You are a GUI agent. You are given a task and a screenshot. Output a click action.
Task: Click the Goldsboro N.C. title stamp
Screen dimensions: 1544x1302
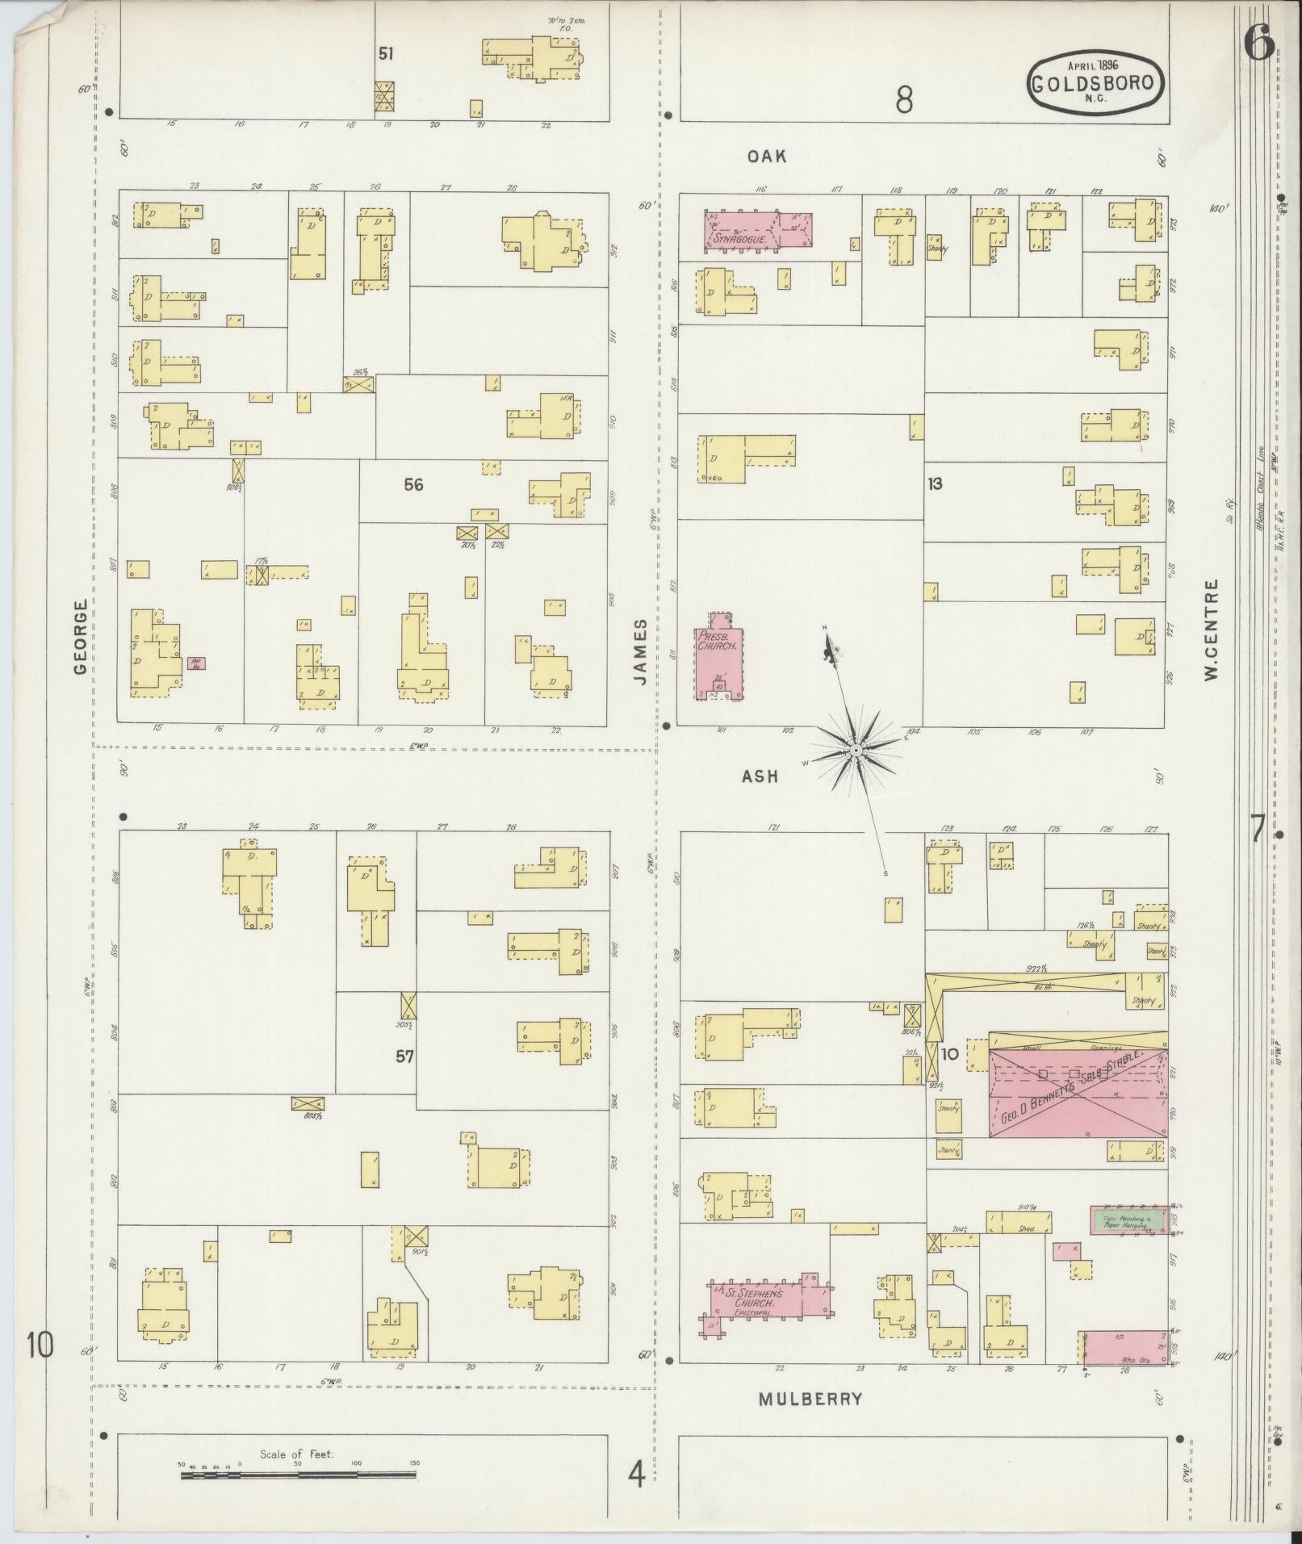pos(1096,82)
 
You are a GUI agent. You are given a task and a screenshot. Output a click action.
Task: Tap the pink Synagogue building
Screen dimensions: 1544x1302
pos(760,231)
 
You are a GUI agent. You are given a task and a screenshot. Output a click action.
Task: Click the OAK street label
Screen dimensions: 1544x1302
pos(766,157)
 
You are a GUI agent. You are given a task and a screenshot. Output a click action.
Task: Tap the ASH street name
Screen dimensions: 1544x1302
pos(760,776)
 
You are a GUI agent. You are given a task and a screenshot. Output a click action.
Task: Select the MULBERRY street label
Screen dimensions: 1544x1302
pos(810,1400)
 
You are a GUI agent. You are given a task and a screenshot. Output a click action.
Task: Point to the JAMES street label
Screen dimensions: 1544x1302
pos(640,651)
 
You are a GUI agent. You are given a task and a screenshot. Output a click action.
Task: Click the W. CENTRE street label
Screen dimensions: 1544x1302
pos(1210,630)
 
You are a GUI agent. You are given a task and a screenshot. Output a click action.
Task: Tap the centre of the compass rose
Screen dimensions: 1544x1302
pos(856,751)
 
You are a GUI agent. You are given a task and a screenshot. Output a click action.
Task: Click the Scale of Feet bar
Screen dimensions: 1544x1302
pos(299,1475)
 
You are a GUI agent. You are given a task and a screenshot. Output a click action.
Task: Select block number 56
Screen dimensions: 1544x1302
pos(413,484)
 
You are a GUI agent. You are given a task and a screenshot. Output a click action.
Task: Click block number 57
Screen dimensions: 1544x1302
pos(404,1056)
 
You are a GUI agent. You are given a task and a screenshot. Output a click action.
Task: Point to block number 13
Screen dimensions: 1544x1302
pos(935,484)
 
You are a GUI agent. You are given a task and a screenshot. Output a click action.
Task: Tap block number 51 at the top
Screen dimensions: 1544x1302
pos(386,54)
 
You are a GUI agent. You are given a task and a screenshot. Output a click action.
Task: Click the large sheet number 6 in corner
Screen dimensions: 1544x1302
pos(1258,42)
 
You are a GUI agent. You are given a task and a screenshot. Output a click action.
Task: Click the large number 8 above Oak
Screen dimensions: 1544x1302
pos(904,100)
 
